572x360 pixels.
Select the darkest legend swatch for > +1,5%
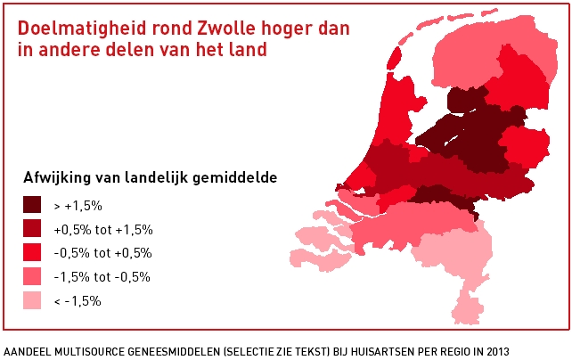click(x=34, y=205)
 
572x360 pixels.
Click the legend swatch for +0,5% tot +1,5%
click(x=34, y=229)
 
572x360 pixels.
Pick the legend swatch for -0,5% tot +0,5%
click(x=34, y=253)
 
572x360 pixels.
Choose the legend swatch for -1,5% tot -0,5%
click(x=34, y=277)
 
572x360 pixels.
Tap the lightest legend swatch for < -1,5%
click(x=34, y=301)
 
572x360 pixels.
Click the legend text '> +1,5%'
click(x=78, y=206)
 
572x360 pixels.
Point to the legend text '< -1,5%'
click(x=78, y=301)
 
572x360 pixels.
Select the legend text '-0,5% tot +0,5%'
click(x=103, y=253)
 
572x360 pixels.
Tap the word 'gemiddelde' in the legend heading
click(x=237, y=177)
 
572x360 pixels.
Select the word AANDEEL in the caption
click(x=25, y=350)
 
